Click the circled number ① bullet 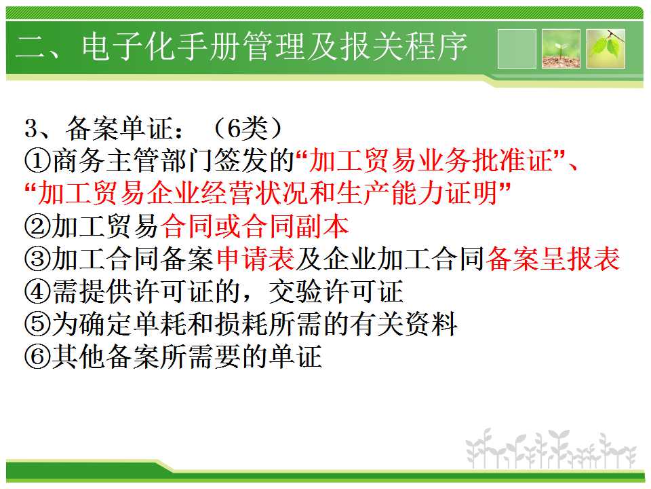pyautogui.click(x=38, y=162)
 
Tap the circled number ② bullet pyautogui.click(x=38, y=227)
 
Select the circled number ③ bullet pyautogui.click(x=38, y=259)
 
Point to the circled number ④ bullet pyautogui.click(x=38, y=291)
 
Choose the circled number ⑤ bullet pyautogui.click(x=38, y=324)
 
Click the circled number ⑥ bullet pyautogui.click(x=38, y=357)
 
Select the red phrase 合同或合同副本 pyautogui.click(x=254, y=227)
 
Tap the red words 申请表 pyautogui.click(x=256, y=259)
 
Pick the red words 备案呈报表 pyautogui.click(x=553, y=259)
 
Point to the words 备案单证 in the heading pyautogui.click(x=119, y=128)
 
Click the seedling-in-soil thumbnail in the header pyautogui.click(x=561, y=49)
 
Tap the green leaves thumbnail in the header pyautogui.click(x=606, y=49)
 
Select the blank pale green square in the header pyautogui.click(x=517, y=49)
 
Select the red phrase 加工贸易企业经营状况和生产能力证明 pyautogui.click(x=268, y=194)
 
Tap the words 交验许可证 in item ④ pyautogui.click(x=336, y=291)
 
